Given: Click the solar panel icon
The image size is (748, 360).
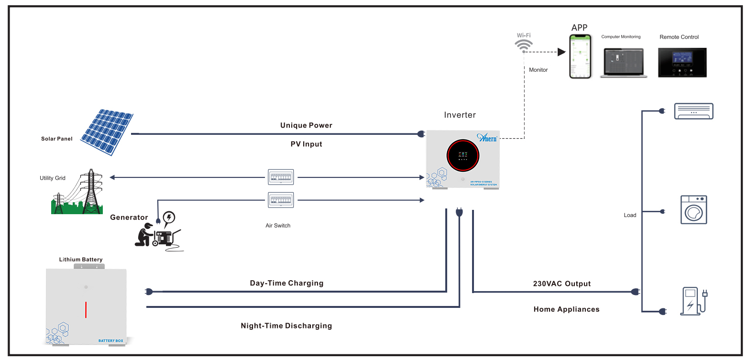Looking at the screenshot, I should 107,132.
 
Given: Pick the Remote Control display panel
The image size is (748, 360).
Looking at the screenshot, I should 682,62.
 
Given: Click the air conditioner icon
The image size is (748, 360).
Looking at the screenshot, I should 693,111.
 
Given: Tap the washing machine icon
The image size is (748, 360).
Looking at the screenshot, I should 694,210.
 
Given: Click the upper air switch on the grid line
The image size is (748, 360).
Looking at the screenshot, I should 281,177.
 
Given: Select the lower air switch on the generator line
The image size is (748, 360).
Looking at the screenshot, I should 281,200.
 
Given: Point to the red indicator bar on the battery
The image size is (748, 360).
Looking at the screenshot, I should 86,310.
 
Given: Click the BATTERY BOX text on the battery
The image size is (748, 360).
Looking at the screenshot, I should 110,341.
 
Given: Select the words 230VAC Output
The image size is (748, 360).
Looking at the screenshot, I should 561,284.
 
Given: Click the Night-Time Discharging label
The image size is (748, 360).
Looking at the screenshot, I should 286,326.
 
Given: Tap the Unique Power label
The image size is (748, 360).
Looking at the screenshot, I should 306,125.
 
